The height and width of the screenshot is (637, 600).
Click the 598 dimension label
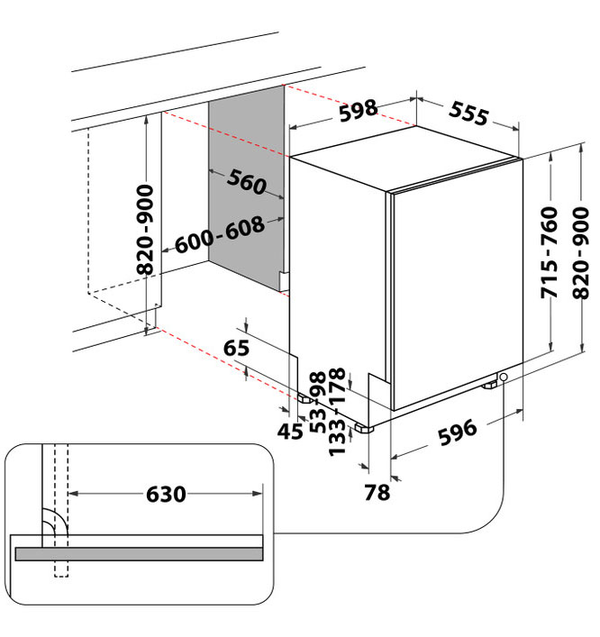[358, 112]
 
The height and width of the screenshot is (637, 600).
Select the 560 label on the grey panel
[246, 183]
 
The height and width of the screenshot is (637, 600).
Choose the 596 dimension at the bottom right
[457, 432]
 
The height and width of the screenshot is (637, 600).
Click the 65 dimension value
[236, 348]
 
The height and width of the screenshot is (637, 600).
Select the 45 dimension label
[290, 432]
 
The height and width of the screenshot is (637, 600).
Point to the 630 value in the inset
[166, 494]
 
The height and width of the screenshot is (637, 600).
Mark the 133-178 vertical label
[338, 411]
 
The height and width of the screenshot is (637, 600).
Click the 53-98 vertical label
[317, 403]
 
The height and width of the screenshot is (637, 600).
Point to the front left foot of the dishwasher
[364, 427]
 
